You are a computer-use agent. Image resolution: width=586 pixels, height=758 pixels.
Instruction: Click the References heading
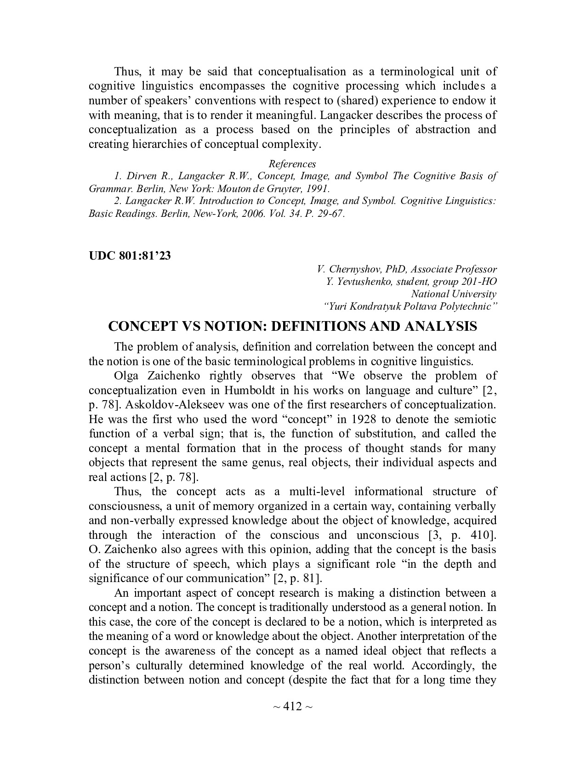[292, 164]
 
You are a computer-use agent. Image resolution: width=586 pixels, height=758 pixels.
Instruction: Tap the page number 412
[292, 706]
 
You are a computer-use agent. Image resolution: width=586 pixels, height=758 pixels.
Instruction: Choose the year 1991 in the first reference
[318, 188]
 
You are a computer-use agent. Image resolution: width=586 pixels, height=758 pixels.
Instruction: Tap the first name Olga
[126, 376]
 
